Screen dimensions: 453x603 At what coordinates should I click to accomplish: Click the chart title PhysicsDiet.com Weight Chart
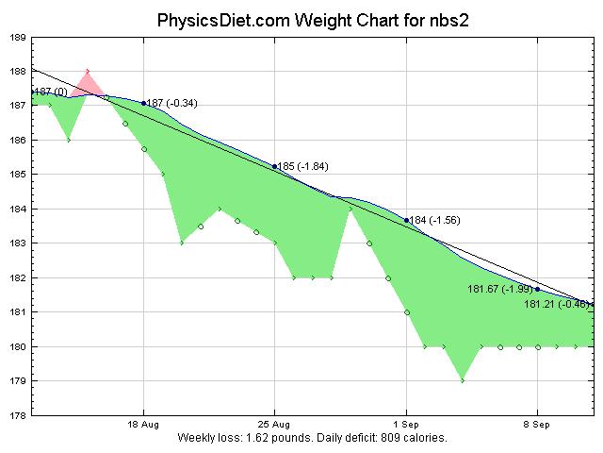pyautogui.click(x=301, y=20)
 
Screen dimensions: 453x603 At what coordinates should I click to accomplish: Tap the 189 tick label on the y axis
pyautogui.click(x=18, y=37)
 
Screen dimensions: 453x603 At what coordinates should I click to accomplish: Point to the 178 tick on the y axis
pyautogui.click(x=18, y=415)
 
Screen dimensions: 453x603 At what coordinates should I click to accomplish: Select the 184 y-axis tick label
pyautogui.click(x=18, y=209)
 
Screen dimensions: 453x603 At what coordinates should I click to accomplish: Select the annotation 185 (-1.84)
pyautogui.click(x=302, y=166)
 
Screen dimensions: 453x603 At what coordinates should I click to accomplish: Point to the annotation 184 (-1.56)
pyautogui.click(x=434, y=220)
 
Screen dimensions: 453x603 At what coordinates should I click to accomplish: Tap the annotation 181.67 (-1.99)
pyautogui.click(x=500, y=289)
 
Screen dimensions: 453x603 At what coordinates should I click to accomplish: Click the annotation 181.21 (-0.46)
pyautogui.click(x=557, y=304)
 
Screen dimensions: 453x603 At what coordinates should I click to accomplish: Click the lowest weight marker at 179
pyautogui.click(x=463, y=380)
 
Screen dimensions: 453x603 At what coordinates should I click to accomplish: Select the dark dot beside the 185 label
pyautogui.click(x=274, y=166)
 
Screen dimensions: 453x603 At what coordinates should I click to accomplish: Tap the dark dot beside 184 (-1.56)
pyautogui.click(x=406, y=220)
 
